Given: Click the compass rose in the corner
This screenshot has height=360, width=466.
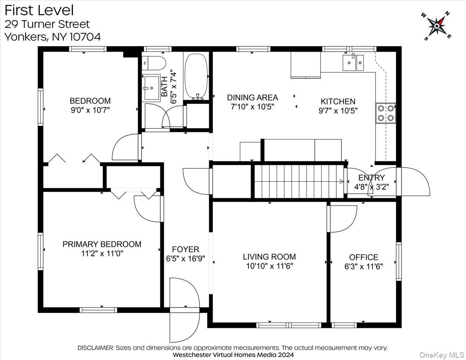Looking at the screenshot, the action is (x=436, y=26).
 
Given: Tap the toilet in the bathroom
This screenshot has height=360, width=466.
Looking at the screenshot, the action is (x=154, y=63).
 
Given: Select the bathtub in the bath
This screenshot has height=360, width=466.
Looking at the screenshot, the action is (x=196, y=76).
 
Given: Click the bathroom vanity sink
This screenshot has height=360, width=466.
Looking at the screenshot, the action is (x=152, y=87).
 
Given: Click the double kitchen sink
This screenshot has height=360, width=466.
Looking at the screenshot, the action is (x=353, y=63).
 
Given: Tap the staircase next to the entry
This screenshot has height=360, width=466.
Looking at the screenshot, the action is (x=299, y=181).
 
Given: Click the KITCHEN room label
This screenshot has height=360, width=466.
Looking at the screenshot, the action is (x=338, y=101).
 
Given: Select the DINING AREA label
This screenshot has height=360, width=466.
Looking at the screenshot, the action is (x=252, y=97).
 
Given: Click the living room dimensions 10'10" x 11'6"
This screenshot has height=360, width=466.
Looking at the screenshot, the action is (x=270, y=266).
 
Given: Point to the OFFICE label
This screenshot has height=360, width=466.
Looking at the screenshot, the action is (x=363, y=257).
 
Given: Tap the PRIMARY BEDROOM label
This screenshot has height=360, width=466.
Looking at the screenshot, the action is (x=102, y=244).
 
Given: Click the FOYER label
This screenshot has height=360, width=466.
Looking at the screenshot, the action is (x=186, y=249).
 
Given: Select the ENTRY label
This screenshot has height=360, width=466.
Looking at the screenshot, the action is (x=371, y=177).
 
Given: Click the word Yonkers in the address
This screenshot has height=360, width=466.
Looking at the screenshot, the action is (x=26, y=37).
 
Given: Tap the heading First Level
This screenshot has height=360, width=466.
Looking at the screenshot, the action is (x=39, y=10).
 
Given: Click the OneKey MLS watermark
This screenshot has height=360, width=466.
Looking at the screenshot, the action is (x=442, y=355).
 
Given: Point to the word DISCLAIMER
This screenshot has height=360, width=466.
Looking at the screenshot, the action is (x=96, y=348).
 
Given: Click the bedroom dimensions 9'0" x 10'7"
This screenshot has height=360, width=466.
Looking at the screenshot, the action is (x=90, y=110).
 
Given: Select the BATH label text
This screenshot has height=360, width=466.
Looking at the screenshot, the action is (x=164, y=87).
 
